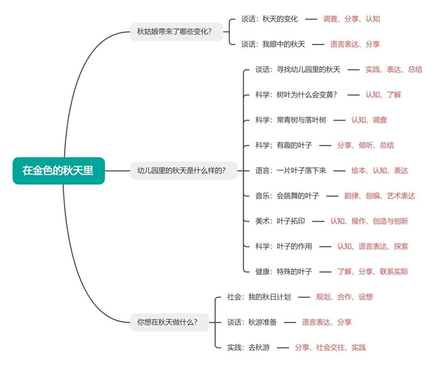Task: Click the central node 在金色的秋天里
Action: point(58,170)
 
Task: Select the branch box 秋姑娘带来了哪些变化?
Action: point(177,31)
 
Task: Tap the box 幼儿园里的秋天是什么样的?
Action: point(182,170)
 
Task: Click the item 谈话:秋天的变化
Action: point(270,19)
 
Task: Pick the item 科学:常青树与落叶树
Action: point(290,120)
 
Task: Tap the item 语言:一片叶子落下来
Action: point(290,170)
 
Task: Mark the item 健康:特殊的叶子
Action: point(283,271)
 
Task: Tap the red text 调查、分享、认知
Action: point(351,19)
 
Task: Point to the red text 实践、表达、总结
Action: point(393,70)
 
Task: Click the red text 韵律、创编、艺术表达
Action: point(380,196)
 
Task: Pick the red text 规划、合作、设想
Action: point(344,297)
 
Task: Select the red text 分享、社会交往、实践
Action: point(330,348)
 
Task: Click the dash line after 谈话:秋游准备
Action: point(290,322)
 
